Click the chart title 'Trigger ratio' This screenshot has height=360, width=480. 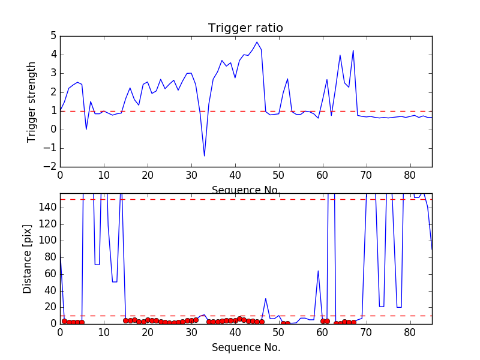point(245,28)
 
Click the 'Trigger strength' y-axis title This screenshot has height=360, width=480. point(32,102)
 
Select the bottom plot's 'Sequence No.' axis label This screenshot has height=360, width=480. point(246,347)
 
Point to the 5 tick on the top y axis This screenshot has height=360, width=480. point(53,36)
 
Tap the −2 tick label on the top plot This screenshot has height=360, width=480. point(50,167)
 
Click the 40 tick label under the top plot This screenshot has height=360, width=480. point(235,176)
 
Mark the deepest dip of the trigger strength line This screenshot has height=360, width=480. point(205,156)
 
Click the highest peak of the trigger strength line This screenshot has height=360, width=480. point(257,42)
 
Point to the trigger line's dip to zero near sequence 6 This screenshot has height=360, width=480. point(86,129)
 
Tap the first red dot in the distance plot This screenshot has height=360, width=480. point(64,321)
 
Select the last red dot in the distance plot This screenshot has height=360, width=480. point(353,322)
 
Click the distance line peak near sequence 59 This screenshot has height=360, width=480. point(318,271)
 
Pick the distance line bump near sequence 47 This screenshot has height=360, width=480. point(266,298)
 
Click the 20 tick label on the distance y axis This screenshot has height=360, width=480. point(50,307)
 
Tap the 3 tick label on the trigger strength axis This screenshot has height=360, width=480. point(53,73)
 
